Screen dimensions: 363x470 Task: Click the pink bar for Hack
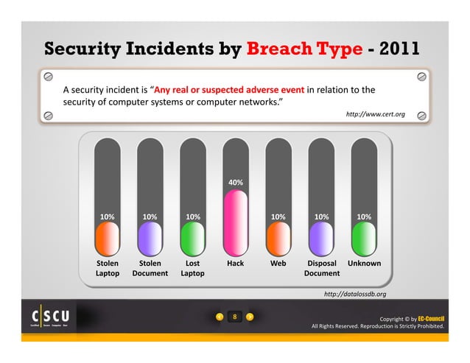tap(235, 221)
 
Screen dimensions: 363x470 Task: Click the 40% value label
tap(235, 182)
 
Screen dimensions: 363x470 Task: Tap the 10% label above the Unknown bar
tap(363, 216)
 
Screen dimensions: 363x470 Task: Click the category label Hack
tap(235, 263)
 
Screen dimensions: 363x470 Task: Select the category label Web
tap(278, 263)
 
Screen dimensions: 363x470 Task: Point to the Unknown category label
tap(364, 263)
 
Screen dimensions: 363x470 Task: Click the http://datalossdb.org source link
tap(354, 294)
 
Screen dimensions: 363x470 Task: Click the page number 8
tap(234, 317)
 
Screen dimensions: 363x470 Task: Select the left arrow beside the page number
tap(220, 317)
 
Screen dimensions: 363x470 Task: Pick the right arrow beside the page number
tap(250, 317)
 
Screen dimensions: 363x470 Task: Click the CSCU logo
tap(50, 317)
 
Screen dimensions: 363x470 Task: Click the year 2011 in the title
tap(398, 49)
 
